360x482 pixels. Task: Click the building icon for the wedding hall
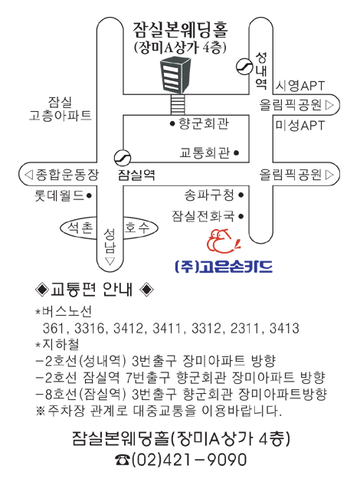175,74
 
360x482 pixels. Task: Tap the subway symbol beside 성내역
244,67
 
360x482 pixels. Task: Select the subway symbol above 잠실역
123,158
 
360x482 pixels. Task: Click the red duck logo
223,241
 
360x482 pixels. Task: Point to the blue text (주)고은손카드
224,266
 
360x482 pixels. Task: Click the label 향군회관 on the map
204,123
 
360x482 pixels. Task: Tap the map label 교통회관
205,152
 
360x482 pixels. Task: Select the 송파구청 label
209,195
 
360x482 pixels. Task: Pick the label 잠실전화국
203,216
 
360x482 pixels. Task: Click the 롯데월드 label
59,195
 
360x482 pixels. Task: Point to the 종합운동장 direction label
67,174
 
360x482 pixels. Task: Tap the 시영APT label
299,86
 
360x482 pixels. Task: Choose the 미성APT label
299,126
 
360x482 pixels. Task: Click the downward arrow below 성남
110,261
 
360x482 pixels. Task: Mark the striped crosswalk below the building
178,104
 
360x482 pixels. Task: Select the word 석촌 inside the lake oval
80,228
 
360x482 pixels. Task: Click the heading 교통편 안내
92,290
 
